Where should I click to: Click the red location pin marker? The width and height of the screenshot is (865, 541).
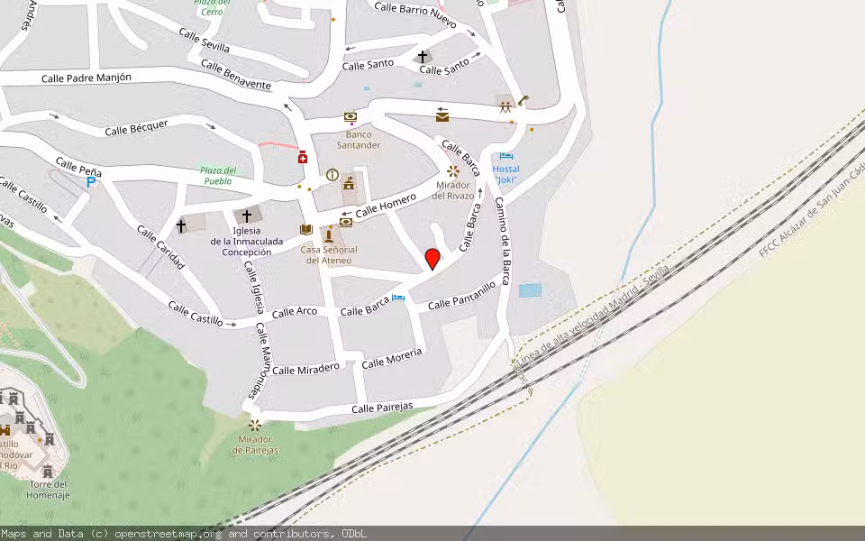(x=432, y=259)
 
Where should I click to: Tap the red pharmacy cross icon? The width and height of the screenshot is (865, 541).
(x=302, y=158)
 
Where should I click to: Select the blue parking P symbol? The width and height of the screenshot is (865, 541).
(x=91, y=182)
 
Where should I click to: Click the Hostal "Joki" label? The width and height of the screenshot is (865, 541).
(x=505, y=174)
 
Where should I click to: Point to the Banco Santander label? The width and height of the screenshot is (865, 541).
(x=359, y=139)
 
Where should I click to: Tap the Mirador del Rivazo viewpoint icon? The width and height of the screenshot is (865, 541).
(x=452, y=171)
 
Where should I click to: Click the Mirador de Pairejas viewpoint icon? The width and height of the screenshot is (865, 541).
(x=256, y=425)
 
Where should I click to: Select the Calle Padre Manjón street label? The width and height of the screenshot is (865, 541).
(x=86, y=78)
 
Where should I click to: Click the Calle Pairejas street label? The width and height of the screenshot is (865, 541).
(x=382, y=408)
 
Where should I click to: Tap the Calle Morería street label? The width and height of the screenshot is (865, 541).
(x=391, y=358)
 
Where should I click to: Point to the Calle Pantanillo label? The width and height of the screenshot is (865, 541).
(x=461, y=295)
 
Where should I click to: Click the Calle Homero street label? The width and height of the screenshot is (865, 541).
(x=386, y=206)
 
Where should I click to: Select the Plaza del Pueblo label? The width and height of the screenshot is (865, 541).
(x=217, y=175)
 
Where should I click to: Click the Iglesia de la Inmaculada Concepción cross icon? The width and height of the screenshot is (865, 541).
(x=247, y=216)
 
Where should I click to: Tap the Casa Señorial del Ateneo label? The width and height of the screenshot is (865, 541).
(x=329, y=254)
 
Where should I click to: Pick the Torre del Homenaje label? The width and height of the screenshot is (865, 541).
(x=47, y=490)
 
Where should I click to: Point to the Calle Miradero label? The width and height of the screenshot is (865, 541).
(x=305, y=368)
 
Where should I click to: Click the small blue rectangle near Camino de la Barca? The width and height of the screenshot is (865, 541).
(x=531, y=290)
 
